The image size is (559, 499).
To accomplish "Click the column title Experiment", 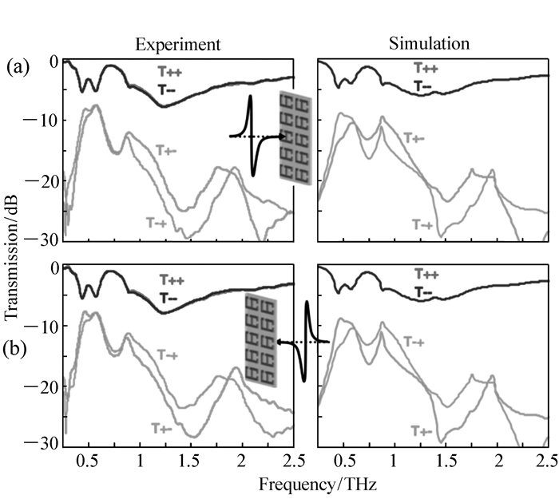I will pos(177,44).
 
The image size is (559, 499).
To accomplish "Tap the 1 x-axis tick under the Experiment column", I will pos(140,462).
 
